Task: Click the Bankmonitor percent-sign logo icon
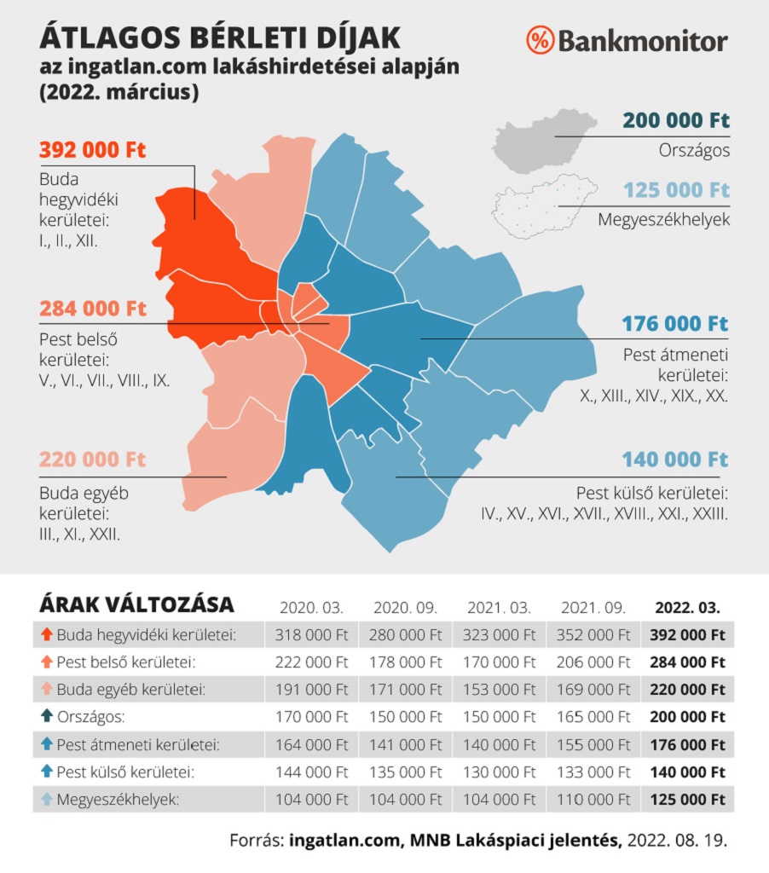click(541, 39)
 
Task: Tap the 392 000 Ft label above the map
click(93, 150)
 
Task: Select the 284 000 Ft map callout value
click(93, 308)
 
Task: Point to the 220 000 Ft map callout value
click(93, 460)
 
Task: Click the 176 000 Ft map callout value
click(675, 323)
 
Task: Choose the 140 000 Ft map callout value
click(675, 460)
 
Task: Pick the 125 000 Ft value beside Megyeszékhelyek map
click(676, 189)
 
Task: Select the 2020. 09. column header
click(405, 608)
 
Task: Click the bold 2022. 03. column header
click(687, 608)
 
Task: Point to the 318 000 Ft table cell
click(312, 635)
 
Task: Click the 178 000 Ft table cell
click(405, 662)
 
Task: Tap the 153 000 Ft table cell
click(499, 690)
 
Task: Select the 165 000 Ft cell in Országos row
click(593, 717)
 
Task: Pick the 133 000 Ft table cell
click(593, 772)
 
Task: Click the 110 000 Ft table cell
click(593, 800)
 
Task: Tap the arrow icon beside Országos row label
click(47, 717)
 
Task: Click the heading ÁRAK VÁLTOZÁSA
click(136, 605)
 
